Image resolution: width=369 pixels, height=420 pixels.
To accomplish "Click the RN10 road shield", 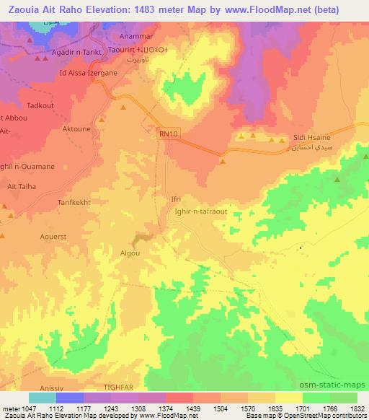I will coord(166,134).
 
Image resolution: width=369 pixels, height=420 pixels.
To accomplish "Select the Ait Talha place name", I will coord(22,186).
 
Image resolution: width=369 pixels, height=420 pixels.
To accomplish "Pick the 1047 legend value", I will coord(25,408).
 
